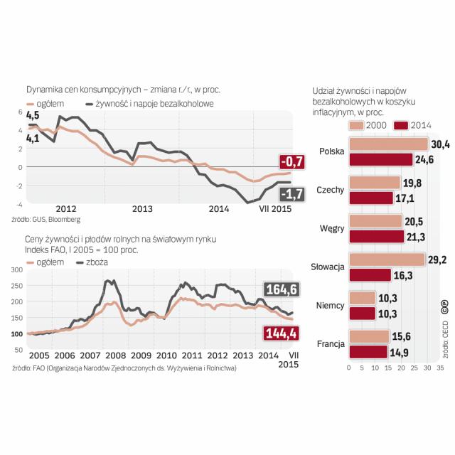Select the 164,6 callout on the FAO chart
point(280,289)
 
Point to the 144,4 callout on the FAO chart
point(280,333)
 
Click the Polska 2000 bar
point(387,144)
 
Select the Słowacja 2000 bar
point(386,259)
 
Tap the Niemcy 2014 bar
point(362,313)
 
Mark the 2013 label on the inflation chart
point(142,209)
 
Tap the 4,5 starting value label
point(33,115)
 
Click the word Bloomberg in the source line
point(64,220)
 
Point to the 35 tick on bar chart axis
point(440,368)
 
